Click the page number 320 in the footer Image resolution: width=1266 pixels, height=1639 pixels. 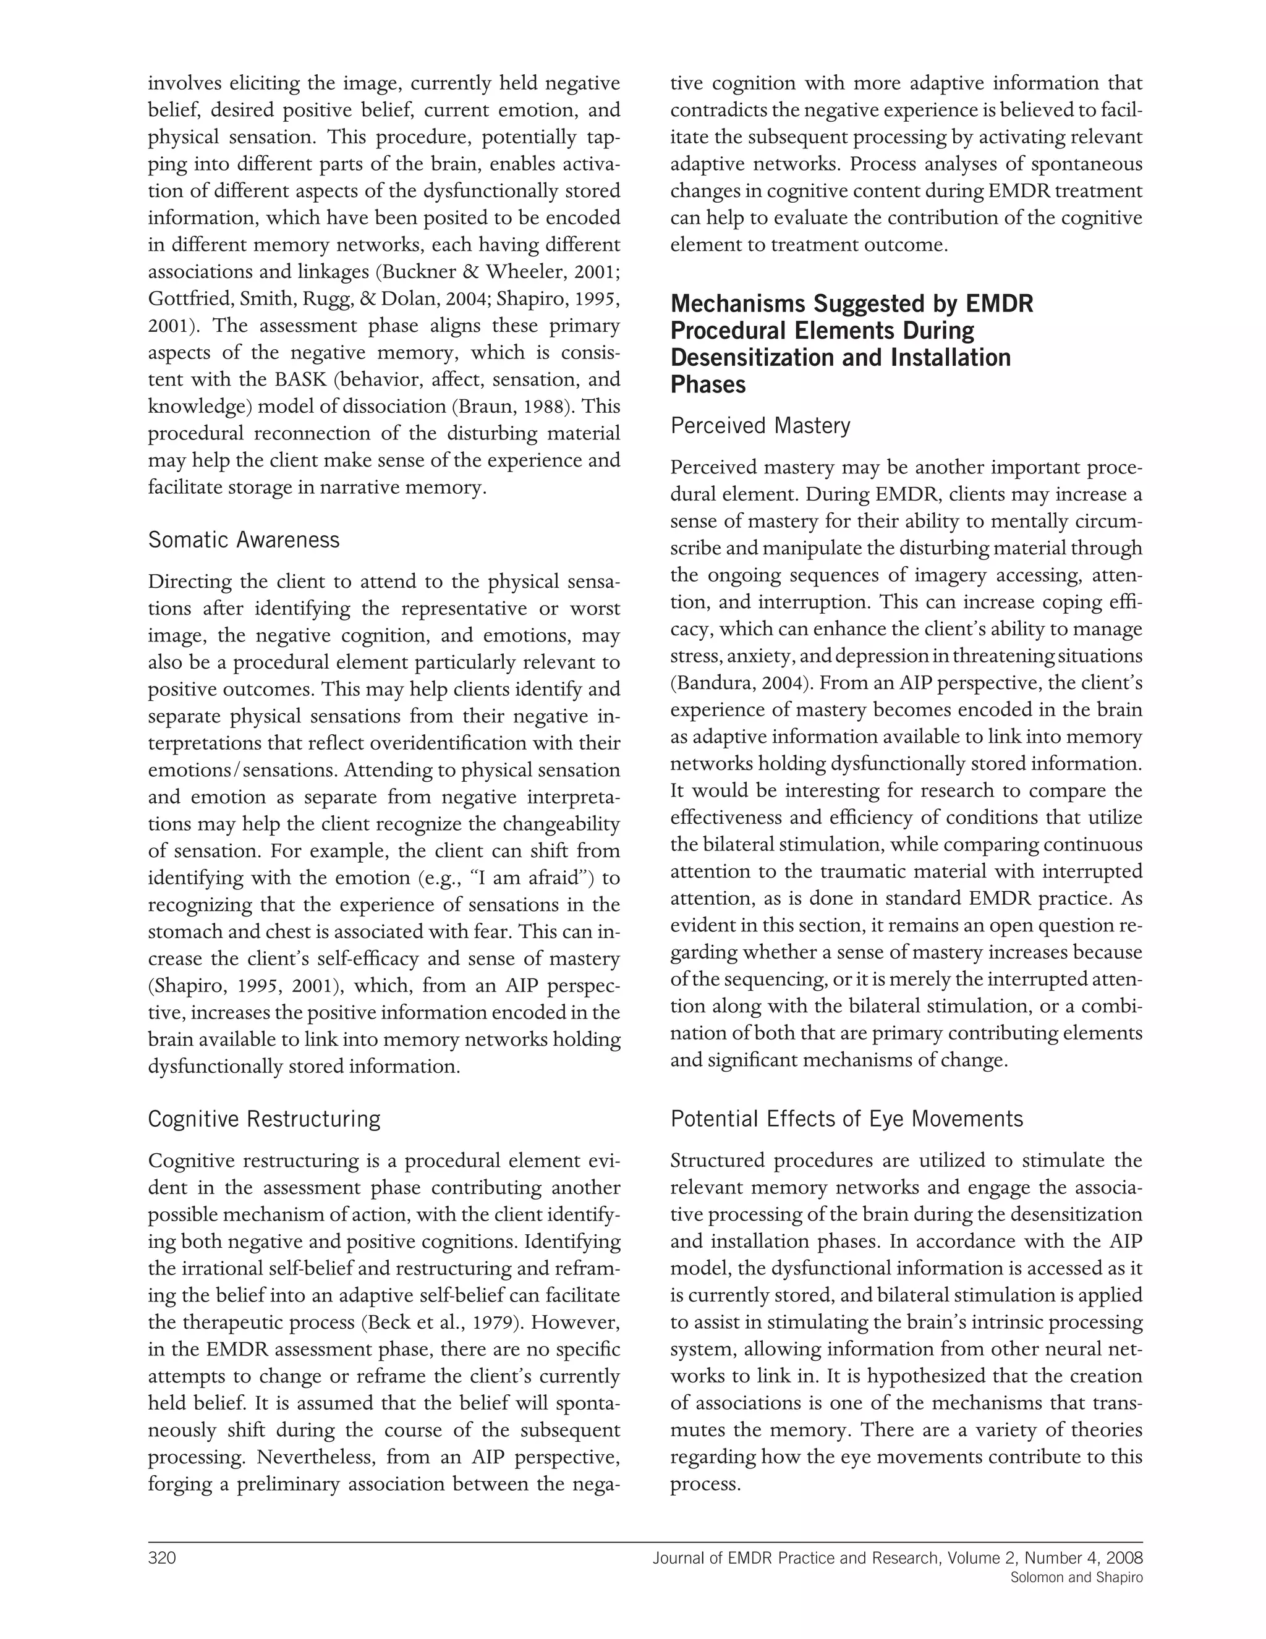161,1558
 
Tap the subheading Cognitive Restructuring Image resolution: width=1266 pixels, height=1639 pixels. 264,1119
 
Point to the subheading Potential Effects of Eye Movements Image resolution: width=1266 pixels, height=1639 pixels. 846,1119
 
